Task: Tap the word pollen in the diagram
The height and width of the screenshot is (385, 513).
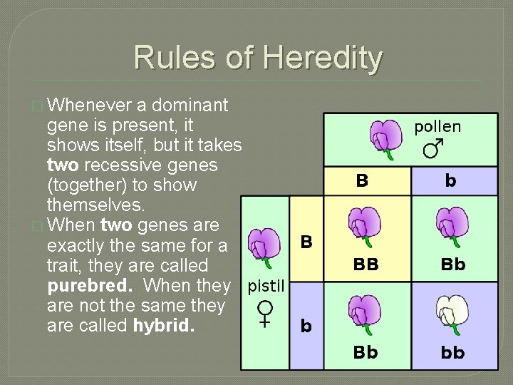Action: click(x=437, y=126)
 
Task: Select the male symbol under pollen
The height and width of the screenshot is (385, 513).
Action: click(x=432, y=148)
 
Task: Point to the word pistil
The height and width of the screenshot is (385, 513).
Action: click(x=266, y=287)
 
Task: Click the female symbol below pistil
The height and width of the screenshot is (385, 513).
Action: click(x=266, y=313)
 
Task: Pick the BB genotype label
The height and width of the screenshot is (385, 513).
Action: click(x=366, y=265)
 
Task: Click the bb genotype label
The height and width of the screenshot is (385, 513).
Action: click(x=452, y=352)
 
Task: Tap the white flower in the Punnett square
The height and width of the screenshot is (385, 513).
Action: click(x=452, y=314)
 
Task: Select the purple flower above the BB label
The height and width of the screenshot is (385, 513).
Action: click(x=364, y=226)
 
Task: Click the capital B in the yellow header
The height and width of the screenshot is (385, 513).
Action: click(x=362, y=181)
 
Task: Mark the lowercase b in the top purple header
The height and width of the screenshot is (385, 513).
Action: click(x=450, y=180)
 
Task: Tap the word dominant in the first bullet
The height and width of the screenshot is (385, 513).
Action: click(x=190, y=106)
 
